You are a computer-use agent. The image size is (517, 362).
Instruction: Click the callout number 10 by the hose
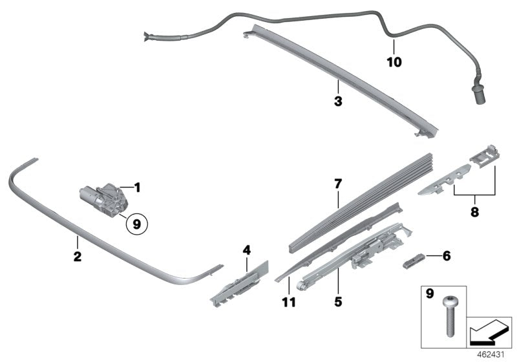pos(394,63)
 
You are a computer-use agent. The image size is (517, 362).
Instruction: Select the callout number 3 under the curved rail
pos(337,101)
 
